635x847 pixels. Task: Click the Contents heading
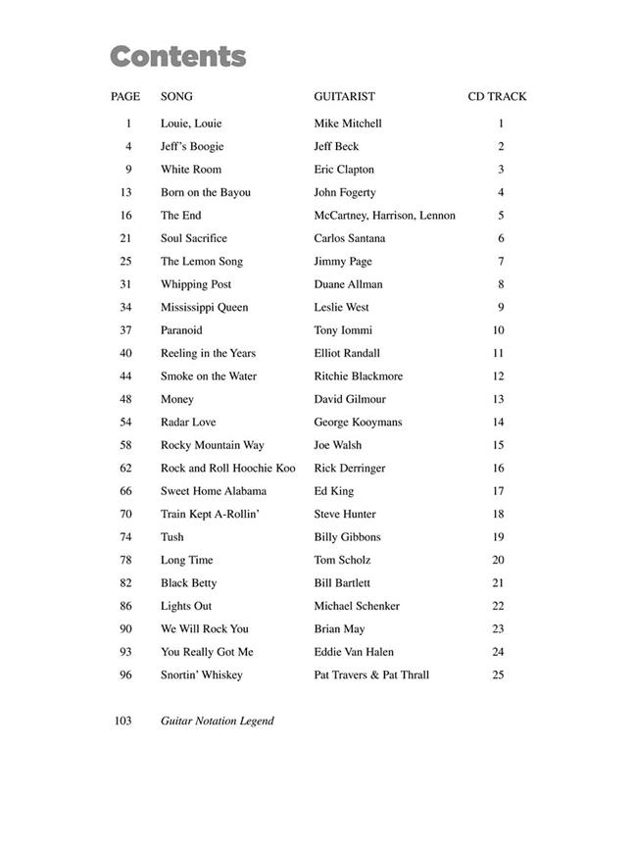177,57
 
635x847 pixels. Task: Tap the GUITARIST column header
344,96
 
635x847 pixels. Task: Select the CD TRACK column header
497,96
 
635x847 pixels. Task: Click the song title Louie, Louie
191,124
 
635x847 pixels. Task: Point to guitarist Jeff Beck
336,146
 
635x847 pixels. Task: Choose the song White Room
191,170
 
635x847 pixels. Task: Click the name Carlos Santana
349,238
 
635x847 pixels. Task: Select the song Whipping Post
196,284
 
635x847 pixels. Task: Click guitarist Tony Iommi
343,330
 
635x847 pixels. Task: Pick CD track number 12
498,376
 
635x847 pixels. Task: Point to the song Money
177,399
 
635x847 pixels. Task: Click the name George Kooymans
358,423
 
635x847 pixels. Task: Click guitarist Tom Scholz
342,560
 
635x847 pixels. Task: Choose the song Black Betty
189,583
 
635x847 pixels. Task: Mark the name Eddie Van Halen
354,652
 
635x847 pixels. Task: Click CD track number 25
498,674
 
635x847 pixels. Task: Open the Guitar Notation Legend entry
218,721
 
